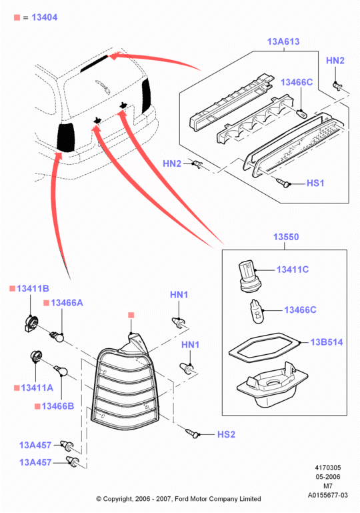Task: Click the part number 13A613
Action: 283,41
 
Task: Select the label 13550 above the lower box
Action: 286,237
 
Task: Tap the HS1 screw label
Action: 315,183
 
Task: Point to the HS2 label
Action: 226,434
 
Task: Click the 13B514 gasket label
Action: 326,342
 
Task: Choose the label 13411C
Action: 292,270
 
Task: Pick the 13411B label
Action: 33,289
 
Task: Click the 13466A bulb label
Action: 67,303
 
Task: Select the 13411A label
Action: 37,388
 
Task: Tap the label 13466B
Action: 58,406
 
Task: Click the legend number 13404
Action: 45,17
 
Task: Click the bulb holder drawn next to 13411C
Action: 248,276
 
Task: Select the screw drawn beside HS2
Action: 191,432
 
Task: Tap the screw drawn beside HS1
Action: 283,183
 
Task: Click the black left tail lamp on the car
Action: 67,137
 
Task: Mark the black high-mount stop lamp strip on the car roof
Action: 94,63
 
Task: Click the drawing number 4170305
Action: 327,468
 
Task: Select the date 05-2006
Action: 327,477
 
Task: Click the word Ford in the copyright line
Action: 181,499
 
